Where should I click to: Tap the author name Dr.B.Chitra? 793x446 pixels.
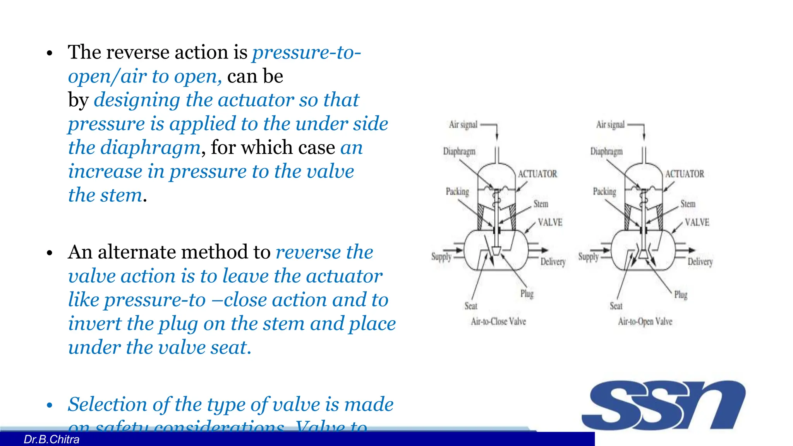[51, 439]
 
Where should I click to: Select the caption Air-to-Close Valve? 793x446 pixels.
[498, 321]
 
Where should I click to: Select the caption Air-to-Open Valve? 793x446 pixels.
[645, 321]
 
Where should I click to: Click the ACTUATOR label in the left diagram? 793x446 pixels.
[537, 174]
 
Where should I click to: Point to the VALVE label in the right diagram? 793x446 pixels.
[697, 222]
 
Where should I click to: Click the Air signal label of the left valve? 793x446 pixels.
[463, 125]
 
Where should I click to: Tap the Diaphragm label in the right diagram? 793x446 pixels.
[606, 151]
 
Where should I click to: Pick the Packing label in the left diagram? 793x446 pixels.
[457, 191]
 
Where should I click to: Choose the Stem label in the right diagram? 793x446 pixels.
[688, 204]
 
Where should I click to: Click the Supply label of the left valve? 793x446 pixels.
[441, 257]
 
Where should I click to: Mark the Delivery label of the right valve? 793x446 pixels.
[700, 262]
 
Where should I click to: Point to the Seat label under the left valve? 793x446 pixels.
[471, 306]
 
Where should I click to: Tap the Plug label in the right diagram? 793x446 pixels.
[681, 295]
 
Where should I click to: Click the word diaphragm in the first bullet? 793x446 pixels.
[150, 148]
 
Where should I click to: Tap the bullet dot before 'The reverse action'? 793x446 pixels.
[49, 53]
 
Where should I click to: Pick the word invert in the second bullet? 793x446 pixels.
[94, 324]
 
